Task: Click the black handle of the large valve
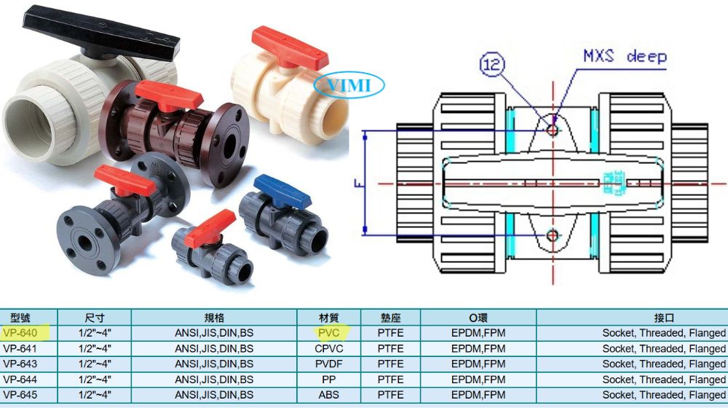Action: (x=100, y=34)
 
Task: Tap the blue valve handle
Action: (x=282, y=191)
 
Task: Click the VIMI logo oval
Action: (x=349, y=85)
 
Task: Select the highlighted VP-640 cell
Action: (x=20, y=333)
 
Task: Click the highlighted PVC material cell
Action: (x=329, y=333)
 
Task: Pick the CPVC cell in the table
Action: (x=329, y=348)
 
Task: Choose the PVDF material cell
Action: (x=329, y=364)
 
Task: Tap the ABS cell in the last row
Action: (x=329, y=395)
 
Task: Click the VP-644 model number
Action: (x=20, y=380)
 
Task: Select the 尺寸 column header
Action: (x=95, y=318)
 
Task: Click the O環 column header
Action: (x=478, y=318)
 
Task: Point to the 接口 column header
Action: (x=664, y=318)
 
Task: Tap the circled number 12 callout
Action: (x=491, y=64)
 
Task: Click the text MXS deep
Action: (x=625, y=57)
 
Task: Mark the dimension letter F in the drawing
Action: (x=358, y=184)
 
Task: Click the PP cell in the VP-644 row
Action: (x=329, y=380)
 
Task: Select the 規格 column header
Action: (x=214, y=318)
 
